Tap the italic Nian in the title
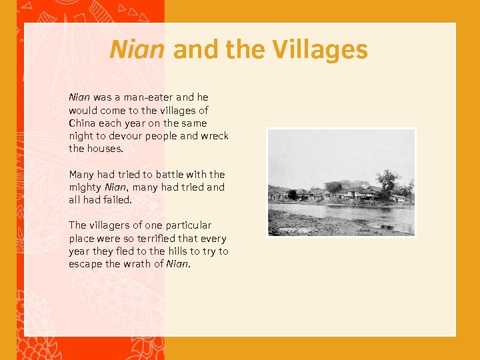(137, 50)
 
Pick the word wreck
(215, 136)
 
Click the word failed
(118, 200)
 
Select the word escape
(85, 264)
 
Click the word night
(81, 136)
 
